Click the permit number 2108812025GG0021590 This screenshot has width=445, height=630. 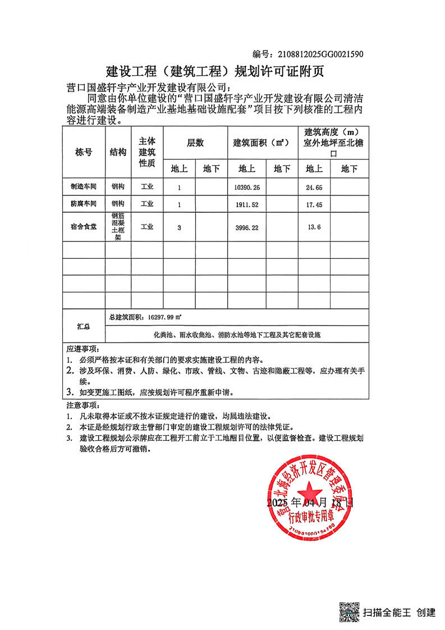pos(318,54)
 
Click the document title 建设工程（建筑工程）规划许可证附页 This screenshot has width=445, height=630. pos(215,71)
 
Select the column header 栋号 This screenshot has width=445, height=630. pos(84,152)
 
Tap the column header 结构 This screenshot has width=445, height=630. pos(118,152)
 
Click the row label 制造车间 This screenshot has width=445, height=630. pos(84,186)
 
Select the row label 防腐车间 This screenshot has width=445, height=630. pos(84,204)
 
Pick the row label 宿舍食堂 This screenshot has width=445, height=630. pos(84,227)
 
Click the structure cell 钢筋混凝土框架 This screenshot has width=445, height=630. pos(118,227)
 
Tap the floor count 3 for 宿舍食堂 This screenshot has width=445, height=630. pos(179,227)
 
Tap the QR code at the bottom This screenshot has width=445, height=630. pos(348,612)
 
